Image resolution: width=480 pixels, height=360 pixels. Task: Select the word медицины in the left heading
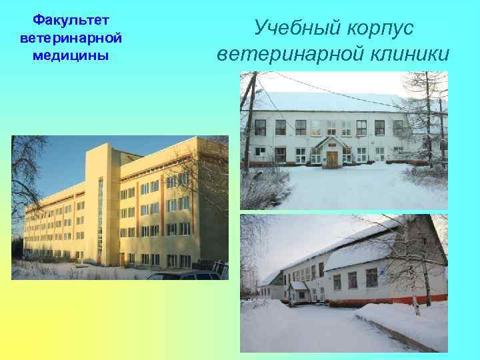[x=64, y=55]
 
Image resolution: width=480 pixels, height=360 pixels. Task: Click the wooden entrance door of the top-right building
[x=331, y=159]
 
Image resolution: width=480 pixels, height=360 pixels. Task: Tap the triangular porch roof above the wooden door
[x=331, y=143]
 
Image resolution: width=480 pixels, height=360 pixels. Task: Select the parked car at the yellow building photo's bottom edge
[x=184, y=275]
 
